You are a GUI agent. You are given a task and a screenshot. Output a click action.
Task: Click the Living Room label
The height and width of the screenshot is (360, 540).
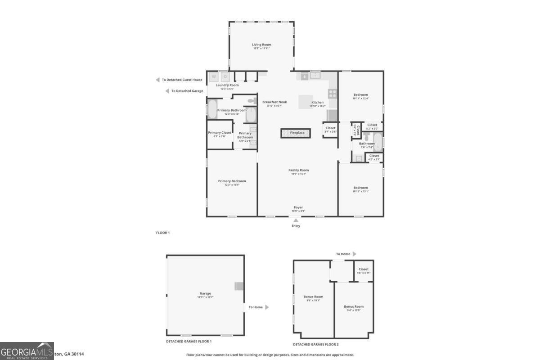click(x=261, y=45)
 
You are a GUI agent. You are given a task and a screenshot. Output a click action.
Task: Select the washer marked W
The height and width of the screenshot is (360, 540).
click(x=214, y=76)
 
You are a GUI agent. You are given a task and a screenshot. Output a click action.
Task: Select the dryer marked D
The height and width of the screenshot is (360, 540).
click(x=225, y=76)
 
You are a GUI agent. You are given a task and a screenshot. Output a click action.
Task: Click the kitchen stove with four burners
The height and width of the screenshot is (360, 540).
click(x=333, y=94)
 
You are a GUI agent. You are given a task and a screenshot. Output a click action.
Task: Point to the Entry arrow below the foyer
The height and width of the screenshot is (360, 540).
click(x=296, y=220)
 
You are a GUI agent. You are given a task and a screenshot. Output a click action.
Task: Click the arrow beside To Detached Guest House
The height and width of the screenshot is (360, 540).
click(x=157, y=80)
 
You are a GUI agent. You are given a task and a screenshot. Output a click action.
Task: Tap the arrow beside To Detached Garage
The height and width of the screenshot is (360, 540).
click(x=167, y=91)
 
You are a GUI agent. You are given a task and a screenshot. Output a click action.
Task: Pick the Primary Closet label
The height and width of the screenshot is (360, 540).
click(x=220, y=133)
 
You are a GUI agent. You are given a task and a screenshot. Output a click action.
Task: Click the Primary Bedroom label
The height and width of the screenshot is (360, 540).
click(x=232, y=181)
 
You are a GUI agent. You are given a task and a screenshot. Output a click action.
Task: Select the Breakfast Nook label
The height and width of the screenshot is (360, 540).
click(x=274, y=102)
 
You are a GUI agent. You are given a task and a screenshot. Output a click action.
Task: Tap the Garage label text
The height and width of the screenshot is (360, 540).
click(x=205, y=294)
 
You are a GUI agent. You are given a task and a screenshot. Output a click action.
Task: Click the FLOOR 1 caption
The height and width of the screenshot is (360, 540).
click(x=163, y=233)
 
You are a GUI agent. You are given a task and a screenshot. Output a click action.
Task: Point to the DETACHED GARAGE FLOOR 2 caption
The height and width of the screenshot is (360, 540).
click(x=315, y=344)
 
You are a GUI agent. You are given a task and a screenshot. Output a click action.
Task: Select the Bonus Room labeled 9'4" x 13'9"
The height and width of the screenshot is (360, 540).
click(x=353, y=306)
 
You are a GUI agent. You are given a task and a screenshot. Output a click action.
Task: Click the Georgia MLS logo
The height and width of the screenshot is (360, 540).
click(x=27, y=351)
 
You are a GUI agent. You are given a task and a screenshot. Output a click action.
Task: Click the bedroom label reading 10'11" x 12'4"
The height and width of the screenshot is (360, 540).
click(x=360, y=95)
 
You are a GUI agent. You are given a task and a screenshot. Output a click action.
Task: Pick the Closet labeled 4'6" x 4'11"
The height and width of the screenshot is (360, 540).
click(x=363, y=270)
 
